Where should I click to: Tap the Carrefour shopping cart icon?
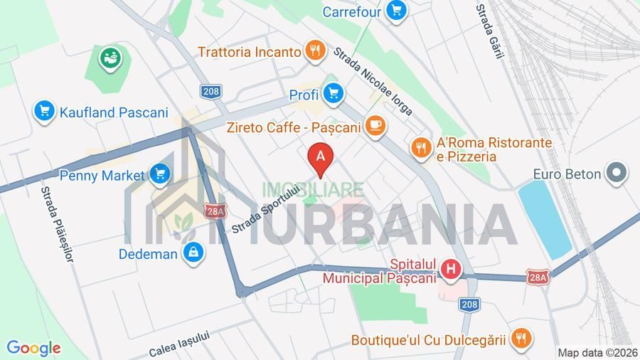pos(396,11)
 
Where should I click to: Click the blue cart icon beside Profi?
pos(333,92)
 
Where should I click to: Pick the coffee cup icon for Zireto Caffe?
pos(374,127)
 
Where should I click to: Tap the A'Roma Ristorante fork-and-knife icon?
pos(421,147)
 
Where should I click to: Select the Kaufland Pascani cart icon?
pos(44,111)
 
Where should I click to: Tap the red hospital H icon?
pos(449,269)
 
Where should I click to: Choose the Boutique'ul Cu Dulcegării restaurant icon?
pos(521,339)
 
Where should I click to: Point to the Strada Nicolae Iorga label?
pos(373,79)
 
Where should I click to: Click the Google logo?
pos(33,348)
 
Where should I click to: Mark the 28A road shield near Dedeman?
pos(215,211)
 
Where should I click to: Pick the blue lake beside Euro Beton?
pos(545,217)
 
